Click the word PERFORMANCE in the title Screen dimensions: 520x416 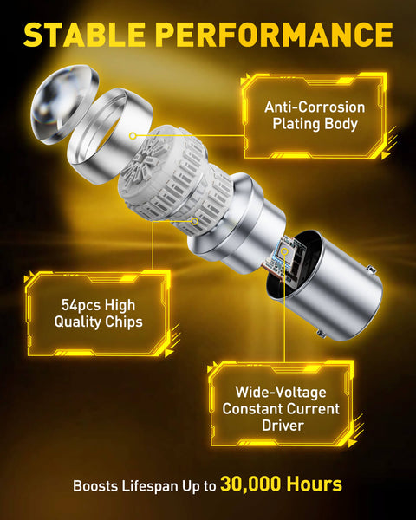click(x=276, y=34)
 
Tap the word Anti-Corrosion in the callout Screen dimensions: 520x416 click(x=315, y=107)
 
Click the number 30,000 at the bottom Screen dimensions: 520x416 click(x=257, y=484)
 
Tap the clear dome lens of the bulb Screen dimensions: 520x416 click(x=55, y=108)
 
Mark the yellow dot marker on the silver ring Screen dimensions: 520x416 click(x=132, y=136)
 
